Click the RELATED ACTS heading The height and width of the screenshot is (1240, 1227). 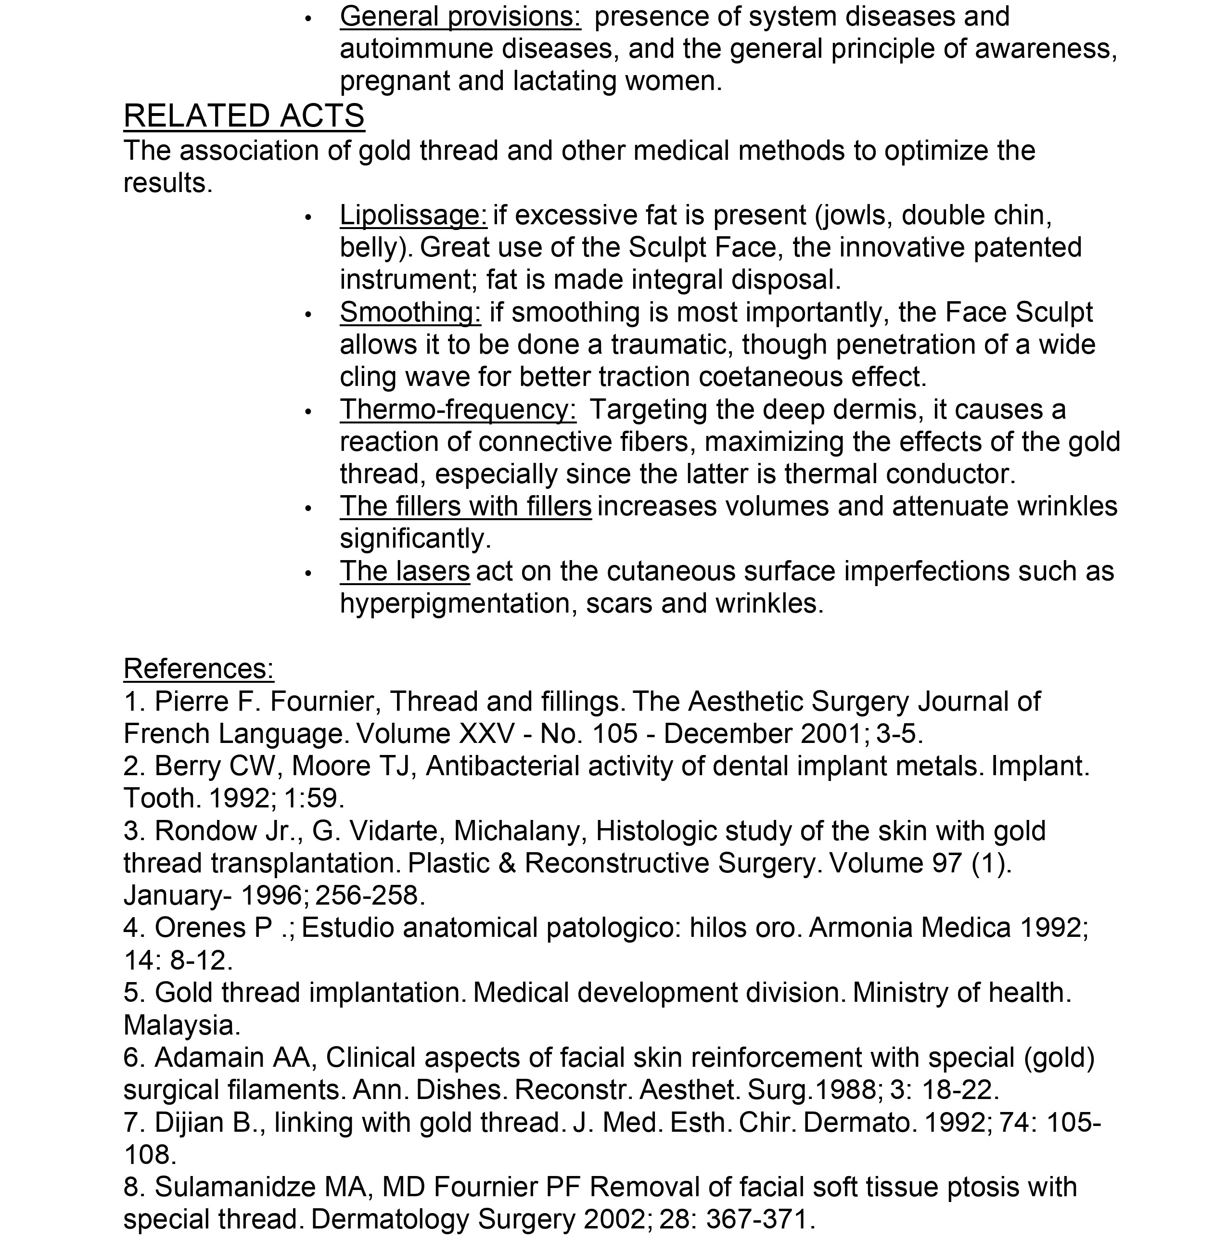click(244, 116)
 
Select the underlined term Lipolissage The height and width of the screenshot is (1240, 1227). click(413, 216)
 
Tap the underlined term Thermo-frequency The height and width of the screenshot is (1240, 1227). click(458, 410)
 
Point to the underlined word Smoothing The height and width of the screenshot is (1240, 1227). click(410, 313)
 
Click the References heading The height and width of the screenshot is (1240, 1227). click(198, 669)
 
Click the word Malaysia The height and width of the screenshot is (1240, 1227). click(181, 1025)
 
